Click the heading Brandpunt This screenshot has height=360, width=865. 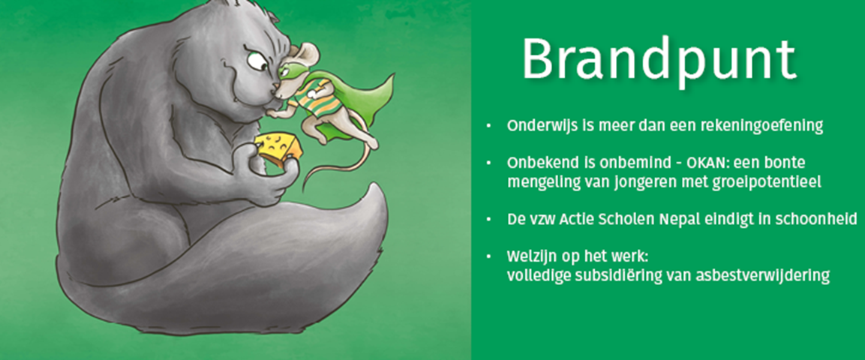659,60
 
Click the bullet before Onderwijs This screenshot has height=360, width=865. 488,126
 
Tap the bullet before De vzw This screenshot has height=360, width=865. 488,220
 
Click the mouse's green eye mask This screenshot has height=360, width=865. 290,70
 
